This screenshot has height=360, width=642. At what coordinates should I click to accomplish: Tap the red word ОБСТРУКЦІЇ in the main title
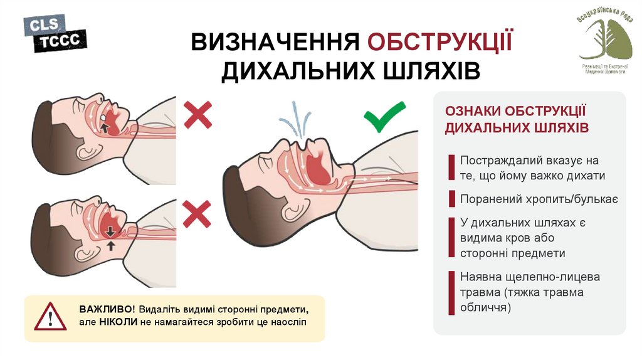pyautogui.click(x=439, y=42)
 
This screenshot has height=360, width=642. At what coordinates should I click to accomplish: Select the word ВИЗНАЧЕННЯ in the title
pyautogui.click(x=275, y=42)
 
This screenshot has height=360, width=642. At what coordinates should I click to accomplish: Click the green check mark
pyautogui.click(x=384, y=116)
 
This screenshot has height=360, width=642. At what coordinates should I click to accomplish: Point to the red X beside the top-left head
pyautogui.click(x=197, y=115)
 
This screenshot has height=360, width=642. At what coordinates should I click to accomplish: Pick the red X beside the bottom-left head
pyautogui.click(x=197, y=214)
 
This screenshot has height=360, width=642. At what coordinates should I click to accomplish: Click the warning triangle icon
pyautogui.click(x=50, y=317)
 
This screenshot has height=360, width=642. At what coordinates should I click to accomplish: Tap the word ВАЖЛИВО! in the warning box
pyautogui.click(x=107, y=309)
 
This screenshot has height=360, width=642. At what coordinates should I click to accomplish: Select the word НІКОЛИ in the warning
pyautogui.click(x=118, y=322)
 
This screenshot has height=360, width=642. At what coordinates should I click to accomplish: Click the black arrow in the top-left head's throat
pyautogui.click(x=105, y=128)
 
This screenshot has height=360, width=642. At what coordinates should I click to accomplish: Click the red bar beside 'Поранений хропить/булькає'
pyautogui.click(x=451, y=199)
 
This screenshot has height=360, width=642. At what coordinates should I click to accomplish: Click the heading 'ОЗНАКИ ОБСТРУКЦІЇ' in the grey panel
pyautogui.click(x=515, y=111)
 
